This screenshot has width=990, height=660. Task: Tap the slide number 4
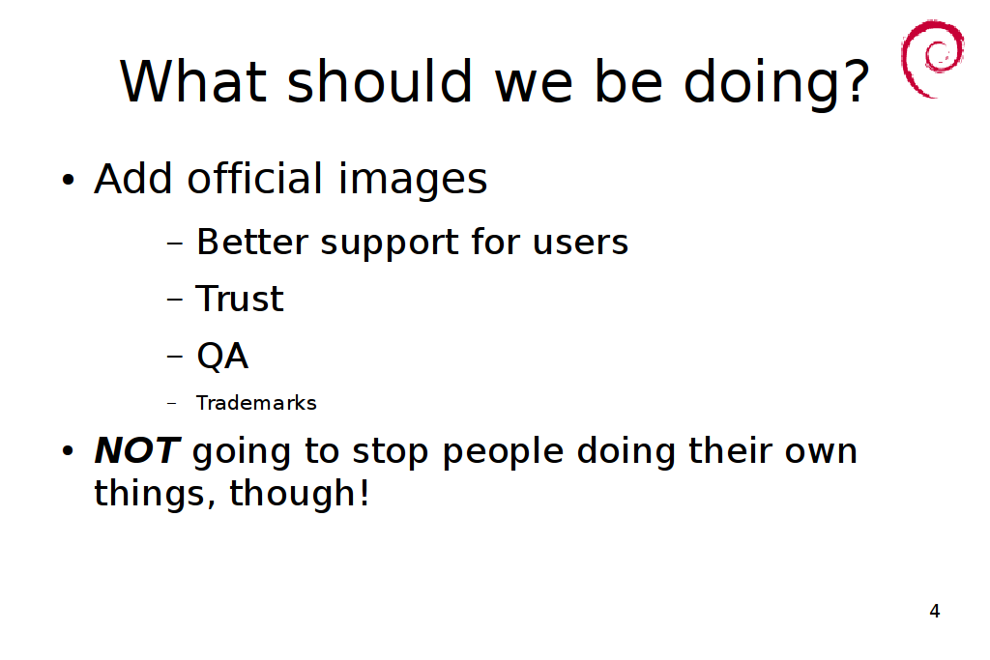click(935, 611)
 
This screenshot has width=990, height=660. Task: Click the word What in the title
click(193, 81)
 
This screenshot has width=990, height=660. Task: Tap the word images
click(413, 181)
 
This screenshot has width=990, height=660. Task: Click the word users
click(580, 244)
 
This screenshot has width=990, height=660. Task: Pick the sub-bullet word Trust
click(240, 299)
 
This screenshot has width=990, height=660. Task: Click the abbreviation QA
click(223, 356)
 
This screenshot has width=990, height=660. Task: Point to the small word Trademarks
click(256, 403)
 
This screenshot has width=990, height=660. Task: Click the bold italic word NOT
click(137, 450)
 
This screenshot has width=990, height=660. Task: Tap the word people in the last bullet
click(503, 454)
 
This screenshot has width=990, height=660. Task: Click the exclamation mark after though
click(364, 492)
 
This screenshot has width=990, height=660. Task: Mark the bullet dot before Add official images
click(69, 180)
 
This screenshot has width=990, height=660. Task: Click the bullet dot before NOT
click(69, 451)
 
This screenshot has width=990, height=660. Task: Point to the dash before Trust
click(175, 300)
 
